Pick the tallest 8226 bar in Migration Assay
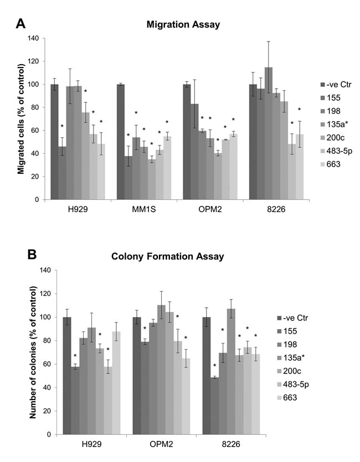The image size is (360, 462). coord(285,133)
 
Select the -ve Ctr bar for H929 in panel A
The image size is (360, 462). coord(54,142)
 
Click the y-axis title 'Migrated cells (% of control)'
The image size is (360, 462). coord(20,119)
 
